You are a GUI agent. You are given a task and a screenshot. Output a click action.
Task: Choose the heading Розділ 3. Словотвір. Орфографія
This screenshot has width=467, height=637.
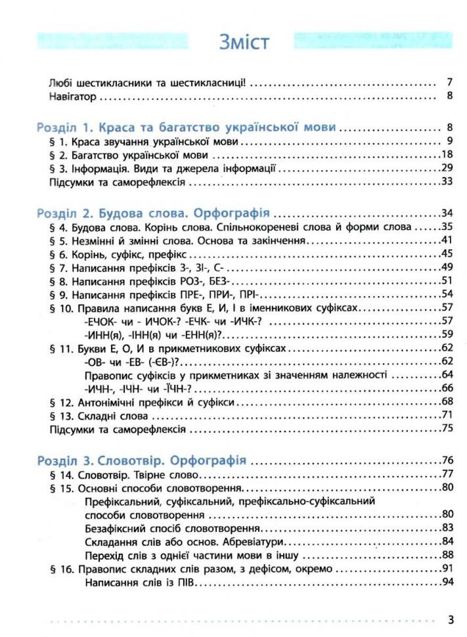click(x=142, y=460)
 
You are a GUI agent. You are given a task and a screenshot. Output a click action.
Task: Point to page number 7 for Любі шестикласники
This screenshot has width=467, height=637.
click(x=450, y=83)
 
